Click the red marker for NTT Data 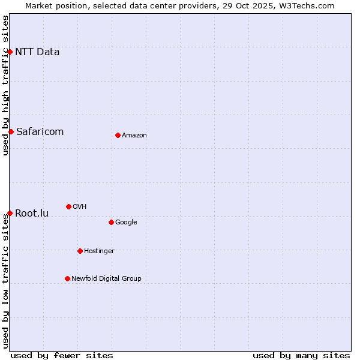pos(10,52)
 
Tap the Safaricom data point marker pos(11,131)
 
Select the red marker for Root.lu pos(10,213)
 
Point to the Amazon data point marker pos(118,135)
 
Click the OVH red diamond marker pos(68,206)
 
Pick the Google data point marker pos(111,222)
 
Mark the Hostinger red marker pos(80,251)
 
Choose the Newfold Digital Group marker pos(67,278)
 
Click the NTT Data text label pos(37,52)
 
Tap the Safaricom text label pos(40,131)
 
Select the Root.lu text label pos(32,213)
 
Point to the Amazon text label pos(134,135)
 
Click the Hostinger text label pos(99,251)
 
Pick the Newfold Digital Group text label pos(106,278)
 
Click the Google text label pos(126,222)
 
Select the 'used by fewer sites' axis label pos(62,355)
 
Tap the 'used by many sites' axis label pos(301,355)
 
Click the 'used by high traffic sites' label pos(5,85)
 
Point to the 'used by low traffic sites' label pos(5,281)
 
